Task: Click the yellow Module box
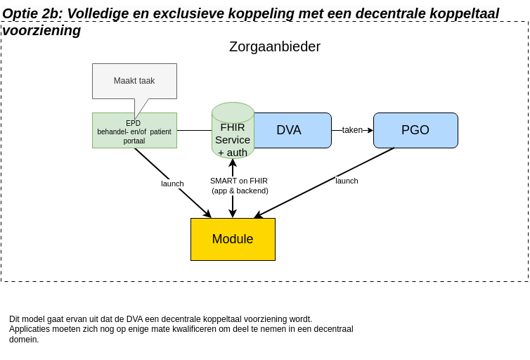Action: click(233, 239)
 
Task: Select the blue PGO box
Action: click(415, 130)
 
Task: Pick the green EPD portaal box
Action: click(134, 131)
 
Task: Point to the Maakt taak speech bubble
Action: click(134, 81)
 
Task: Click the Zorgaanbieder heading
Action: click(274, 46)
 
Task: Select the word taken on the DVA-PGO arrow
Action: click(352, 130)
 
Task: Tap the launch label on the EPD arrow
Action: click(172, 184)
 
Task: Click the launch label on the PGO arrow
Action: click(347, 181)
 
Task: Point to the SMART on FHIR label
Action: click(239, 181)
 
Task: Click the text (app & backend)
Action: click(240, 191)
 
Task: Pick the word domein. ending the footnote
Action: click(24, 340)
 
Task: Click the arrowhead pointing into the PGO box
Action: click(370, 130)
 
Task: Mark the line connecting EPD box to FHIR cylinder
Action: click(194, 130)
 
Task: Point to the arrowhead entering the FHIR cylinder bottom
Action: click(233, 162)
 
